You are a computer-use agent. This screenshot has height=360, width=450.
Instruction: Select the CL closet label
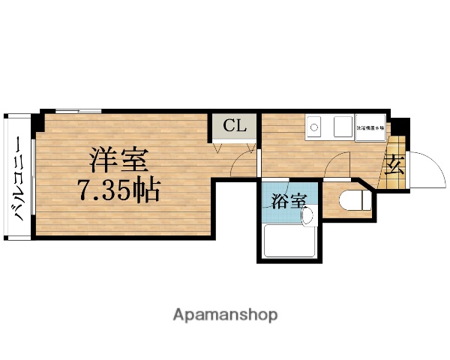[234, 126]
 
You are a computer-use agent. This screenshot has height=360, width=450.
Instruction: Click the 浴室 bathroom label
[288, 200]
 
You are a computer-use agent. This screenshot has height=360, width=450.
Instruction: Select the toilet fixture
[352, 201]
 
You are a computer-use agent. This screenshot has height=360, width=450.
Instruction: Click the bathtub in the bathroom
[290, 241]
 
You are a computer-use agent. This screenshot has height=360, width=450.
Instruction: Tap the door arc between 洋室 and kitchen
[243, 160]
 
